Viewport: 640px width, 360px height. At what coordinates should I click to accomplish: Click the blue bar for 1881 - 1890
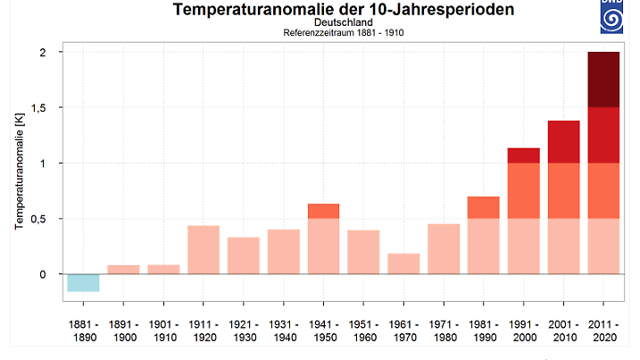(x=83, y=282)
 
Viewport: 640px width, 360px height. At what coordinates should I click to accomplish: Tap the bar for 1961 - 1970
(x=404, y=264)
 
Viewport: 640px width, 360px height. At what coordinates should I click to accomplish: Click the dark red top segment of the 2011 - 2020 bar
(x=603, y=80)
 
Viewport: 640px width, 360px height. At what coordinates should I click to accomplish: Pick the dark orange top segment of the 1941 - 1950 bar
(x=324, y=211)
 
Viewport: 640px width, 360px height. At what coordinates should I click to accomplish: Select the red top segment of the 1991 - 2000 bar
(x=523, y=155)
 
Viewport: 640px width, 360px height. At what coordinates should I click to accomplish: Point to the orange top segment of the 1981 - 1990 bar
(x=483, y=207)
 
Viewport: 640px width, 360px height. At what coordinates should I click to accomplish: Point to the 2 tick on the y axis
(x=41, y=53)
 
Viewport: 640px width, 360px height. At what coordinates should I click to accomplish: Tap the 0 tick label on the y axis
(x=41, y=274)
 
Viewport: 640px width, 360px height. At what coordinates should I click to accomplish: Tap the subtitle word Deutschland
(x=344, y=22)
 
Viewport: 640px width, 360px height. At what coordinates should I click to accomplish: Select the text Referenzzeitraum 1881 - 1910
(x=344, y=33)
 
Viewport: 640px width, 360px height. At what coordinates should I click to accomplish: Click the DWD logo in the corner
(x=621, y=15)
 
